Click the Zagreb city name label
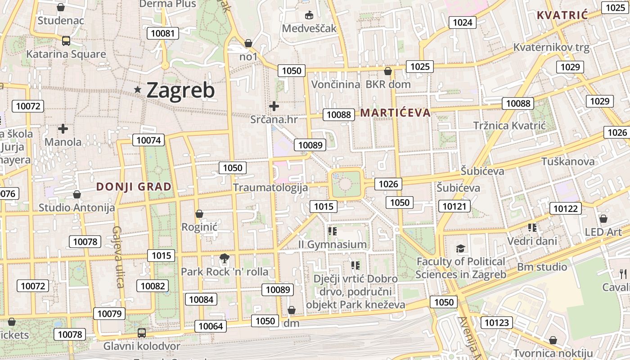coord(180,90)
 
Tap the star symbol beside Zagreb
coord(138,90)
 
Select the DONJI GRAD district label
coord(134,187)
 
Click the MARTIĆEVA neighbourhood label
coord(396,112)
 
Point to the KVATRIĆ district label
coord(562,15)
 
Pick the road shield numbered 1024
coord(462,22)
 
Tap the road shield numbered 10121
coord(454,207)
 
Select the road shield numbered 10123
coord(497,322)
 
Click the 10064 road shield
coord(211,326)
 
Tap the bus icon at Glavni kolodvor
coord(142,333)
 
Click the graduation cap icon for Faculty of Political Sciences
coord(460,248)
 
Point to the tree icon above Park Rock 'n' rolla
coord(224,258)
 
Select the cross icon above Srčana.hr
coord(274,106)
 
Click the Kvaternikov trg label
coord(551,47)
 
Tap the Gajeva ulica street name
coord(118,257)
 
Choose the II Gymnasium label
coord(333,244)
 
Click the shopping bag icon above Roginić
coord(199,214)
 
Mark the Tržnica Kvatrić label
coord(509,126)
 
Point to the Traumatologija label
coord(270,188)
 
